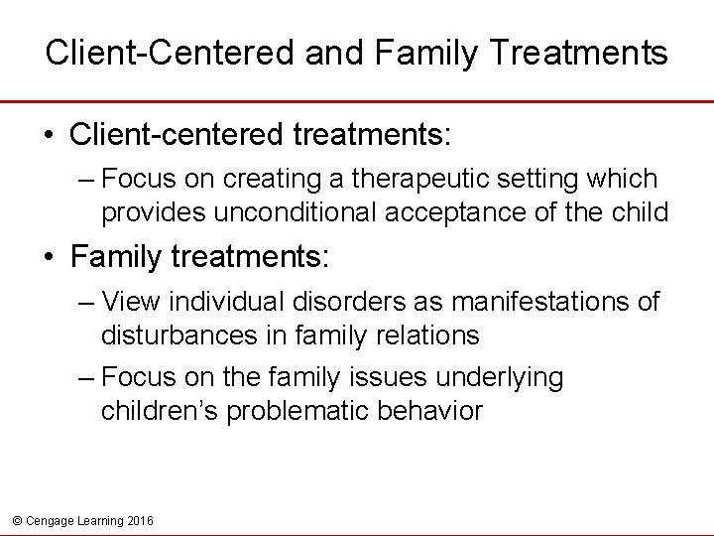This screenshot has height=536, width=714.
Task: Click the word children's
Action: click(x=158, y=410)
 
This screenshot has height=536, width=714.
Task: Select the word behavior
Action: click(x=433, y=410)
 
